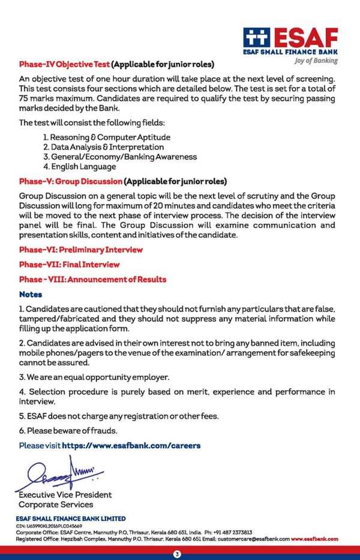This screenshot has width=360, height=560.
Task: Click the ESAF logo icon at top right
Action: (257, 37)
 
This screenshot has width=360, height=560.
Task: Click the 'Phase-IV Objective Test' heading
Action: (64, 64)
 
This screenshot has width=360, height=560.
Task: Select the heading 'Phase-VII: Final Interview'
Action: (69, 264)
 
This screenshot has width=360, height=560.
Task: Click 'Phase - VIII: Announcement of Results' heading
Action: (92, 279)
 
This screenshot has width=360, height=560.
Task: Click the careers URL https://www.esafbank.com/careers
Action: (131, 445)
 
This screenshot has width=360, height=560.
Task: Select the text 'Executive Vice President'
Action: (65, 495)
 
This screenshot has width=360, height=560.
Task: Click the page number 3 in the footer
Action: (177, 553)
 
